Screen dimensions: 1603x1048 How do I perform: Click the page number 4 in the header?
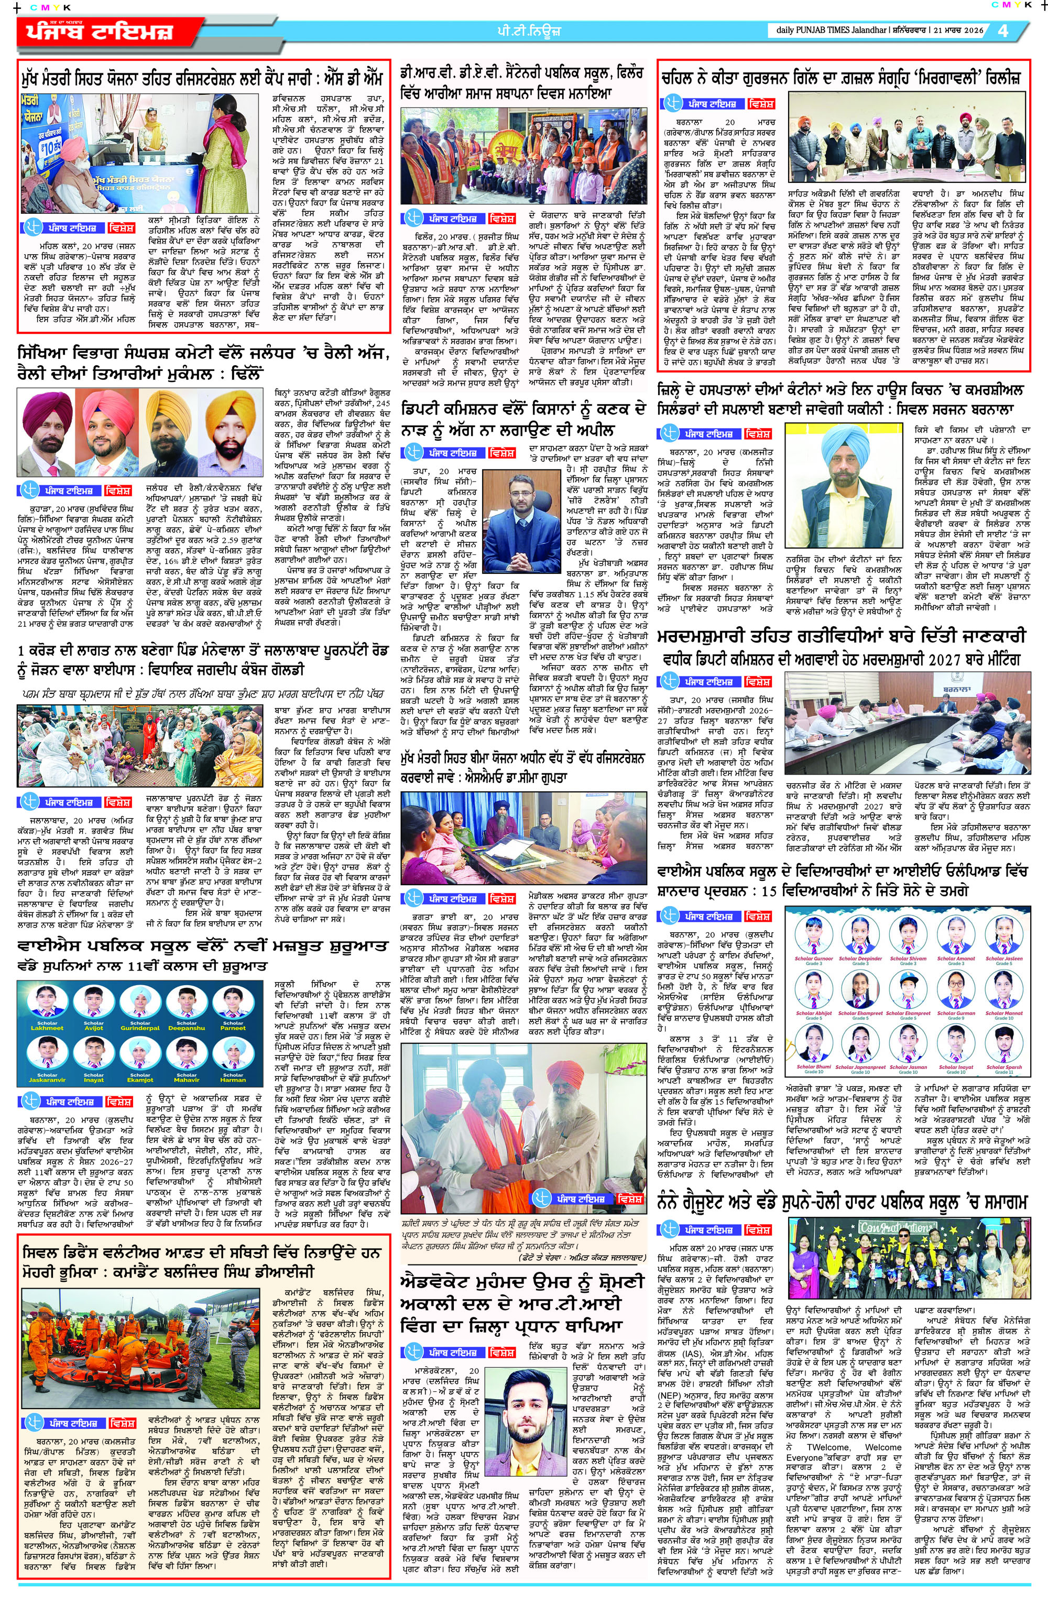tap(1003, 30)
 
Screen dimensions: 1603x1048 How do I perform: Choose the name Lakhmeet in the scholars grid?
tap(47, 1029)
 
